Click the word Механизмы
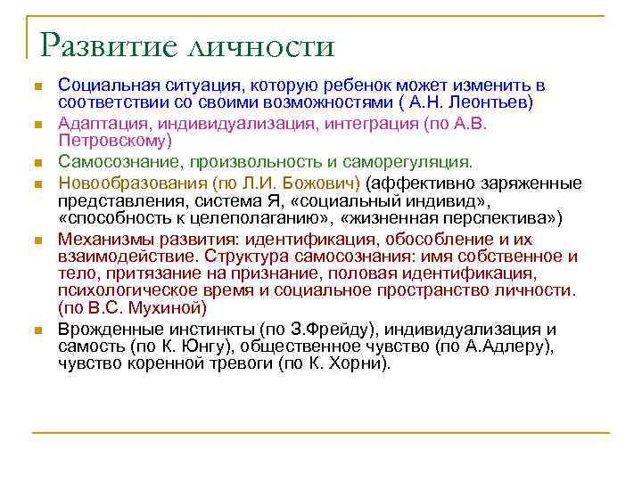pos(99,239)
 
